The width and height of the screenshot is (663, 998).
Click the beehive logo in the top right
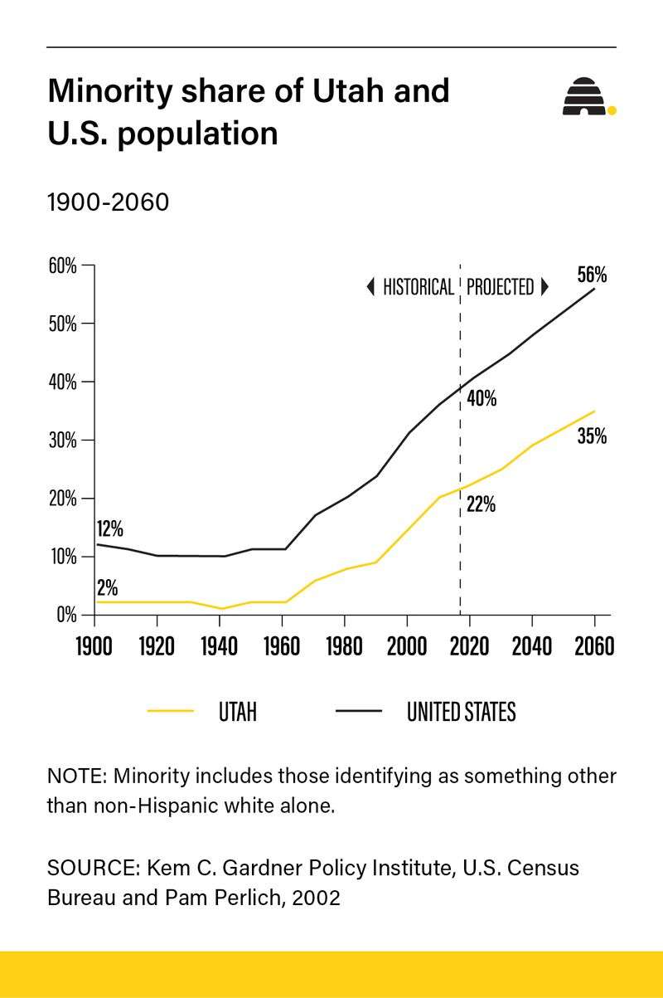(x=586, y=98)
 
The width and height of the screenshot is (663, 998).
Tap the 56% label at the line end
(x=592, y=275)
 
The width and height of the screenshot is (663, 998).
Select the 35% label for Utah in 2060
(x=592, y=436)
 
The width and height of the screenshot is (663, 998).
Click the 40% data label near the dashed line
(x=482, y=398)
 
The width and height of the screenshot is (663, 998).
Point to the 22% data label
(x=481, y=504)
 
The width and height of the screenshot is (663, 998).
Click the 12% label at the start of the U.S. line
(x=109, y=528)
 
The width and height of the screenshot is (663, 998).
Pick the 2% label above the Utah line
(x=107, y=588)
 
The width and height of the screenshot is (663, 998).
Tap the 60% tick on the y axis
(x=62, y=266)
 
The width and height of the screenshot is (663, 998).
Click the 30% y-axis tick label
(x=62, y=441)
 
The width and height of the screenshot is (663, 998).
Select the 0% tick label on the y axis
(x=66, y=615)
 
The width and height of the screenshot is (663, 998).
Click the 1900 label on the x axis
(x=94, y=645)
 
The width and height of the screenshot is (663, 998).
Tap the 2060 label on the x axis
(x=593, y=645)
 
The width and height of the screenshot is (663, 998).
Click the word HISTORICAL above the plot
(x=418, y=287)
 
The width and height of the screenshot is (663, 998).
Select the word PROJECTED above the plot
(x=500, y=287)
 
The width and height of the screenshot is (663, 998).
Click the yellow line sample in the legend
(x=170, y=711)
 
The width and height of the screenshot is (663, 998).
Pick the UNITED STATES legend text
(x=461, y=712)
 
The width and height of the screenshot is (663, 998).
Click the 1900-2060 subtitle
(x=109, y=202)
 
